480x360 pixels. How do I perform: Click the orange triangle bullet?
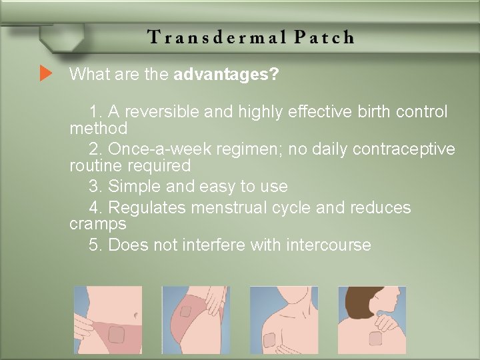click(45, 73)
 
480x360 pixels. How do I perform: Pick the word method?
click(98, 127)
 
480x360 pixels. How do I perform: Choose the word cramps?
click(97, 223)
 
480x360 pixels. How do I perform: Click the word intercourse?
click(328, 245)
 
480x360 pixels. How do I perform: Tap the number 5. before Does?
click(95, 245)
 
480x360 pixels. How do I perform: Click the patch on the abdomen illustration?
click(117, 333)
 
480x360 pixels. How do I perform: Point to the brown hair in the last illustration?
click(363, 300)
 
